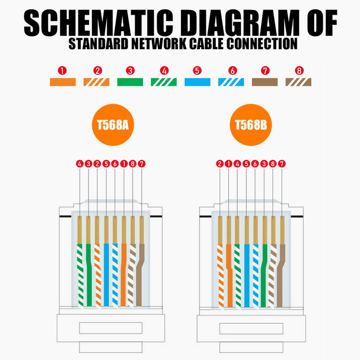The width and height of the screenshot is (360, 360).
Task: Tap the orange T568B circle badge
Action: pyautogui.click(x=250, y=124)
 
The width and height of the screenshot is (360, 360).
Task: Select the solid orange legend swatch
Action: pyautogui.click(x=62, y=82)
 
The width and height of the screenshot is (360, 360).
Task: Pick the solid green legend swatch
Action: pyautogui.click(x=130, y=82)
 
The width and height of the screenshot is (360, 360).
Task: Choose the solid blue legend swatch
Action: pyautogui.click(x=198, y=82)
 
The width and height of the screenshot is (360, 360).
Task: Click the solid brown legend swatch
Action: pyautogui.click(x=265, y=82)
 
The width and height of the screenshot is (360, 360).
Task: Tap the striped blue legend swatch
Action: pyautogui.click(x=231, y=82)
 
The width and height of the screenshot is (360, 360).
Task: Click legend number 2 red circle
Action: pyautogui.click(x=97, y=71)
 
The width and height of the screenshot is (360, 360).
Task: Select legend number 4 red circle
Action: pyautogui.click(x=164, y=71)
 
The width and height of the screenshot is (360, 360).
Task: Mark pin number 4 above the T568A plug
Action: pyautogui.click(x=79, y=163)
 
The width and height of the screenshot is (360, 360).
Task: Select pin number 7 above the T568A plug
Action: pyautogui.click(x=141, y=163)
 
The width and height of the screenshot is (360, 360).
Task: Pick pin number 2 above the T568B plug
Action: pyautogui.click(x=220, y=163)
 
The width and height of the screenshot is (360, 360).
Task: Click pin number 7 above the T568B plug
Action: pyautogui.click(x=282, y=163)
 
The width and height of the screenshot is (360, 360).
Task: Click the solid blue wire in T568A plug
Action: pyautogui.click(x=106, y=277)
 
